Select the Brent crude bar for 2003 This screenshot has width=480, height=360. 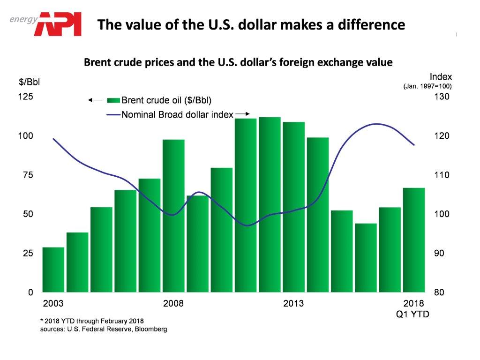(53, 270)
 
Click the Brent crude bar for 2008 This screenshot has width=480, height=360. (173, 216)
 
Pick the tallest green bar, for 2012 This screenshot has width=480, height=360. (270, 204)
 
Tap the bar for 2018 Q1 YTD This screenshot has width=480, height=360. (414, 240)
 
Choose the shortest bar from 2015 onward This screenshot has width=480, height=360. (366, 257)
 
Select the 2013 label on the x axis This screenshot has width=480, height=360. (293, 303)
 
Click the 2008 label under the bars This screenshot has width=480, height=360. (173, 303)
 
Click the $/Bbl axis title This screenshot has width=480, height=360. (29, 82)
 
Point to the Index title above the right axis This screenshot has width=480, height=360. (441, 76)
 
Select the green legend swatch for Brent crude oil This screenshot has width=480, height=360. (114, 100)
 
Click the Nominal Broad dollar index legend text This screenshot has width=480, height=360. (177, 114)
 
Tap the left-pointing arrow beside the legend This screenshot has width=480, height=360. (95, 100)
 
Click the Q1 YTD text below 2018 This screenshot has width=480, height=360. (412, 314)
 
